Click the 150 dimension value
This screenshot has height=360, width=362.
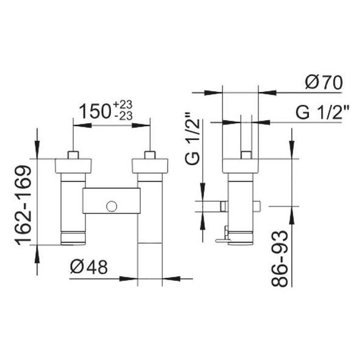(x=96, y=111)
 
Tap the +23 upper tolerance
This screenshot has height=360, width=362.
(x=122, y=105)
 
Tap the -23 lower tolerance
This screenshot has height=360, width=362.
(x=124, y=116)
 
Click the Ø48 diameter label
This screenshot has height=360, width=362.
(x=89, y=267)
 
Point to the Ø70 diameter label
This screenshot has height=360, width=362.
(x=324, y=83)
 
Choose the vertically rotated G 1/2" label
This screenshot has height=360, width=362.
(x=193, y=138)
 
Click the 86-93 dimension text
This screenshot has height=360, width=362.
(x=280, y=259)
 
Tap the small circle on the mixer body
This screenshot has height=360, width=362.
(x=112, y=206)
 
